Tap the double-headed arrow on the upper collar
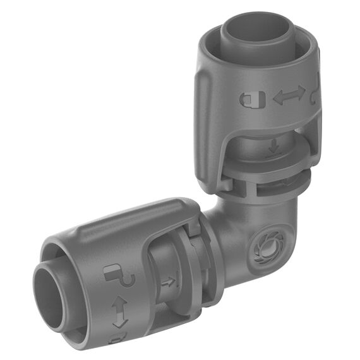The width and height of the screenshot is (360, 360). tap(289, 97)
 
